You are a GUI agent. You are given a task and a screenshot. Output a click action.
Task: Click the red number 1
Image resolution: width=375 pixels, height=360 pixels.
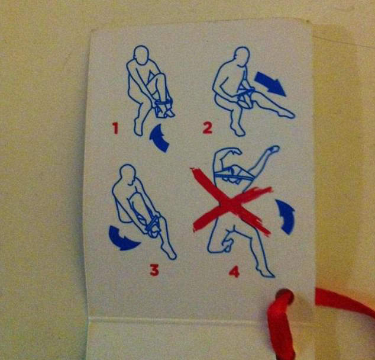point(116,128)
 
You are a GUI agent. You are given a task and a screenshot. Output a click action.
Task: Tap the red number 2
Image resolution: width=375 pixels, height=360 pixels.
point(208,127)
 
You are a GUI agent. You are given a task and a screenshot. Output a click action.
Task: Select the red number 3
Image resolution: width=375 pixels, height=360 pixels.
point(154,270)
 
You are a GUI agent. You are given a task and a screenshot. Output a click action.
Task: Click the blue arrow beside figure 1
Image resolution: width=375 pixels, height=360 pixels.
point(159,139)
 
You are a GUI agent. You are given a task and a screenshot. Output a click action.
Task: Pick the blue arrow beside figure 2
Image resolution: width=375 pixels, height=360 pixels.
point(270,83)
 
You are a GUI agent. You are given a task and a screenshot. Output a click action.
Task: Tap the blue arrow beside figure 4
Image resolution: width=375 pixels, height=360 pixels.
point(286,216)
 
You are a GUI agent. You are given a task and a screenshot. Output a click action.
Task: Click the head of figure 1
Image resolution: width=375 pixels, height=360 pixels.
point(141,55)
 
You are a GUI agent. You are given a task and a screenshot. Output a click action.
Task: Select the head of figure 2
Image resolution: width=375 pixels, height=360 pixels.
point(242,56)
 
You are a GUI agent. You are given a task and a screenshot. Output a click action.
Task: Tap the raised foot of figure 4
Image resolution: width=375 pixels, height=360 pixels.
point(273,149)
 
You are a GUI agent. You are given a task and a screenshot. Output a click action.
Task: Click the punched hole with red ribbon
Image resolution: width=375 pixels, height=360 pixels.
point(285,296)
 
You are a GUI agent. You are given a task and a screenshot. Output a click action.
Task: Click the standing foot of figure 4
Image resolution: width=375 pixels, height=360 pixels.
point(266,272)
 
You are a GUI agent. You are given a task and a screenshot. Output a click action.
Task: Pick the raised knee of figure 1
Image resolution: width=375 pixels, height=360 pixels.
point(161,77)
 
